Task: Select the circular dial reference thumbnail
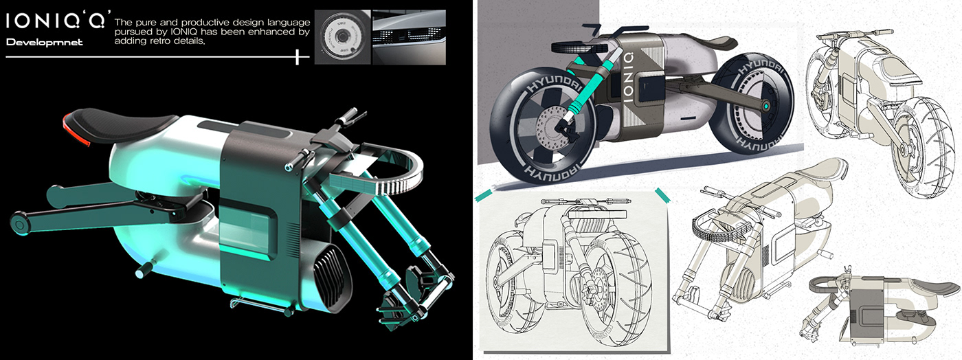tap(342, 37)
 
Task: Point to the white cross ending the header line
tap(297, 57)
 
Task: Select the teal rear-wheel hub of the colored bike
tap(764, 108)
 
